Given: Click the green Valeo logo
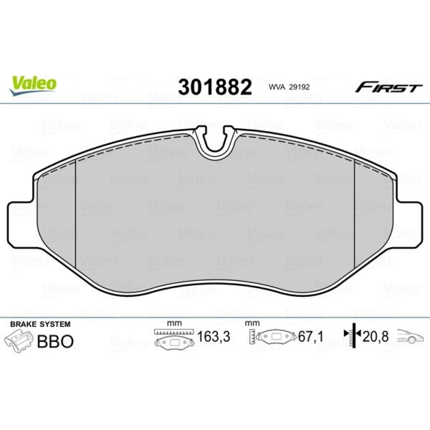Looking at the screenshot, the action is pyautogui.click(x=33, y=86).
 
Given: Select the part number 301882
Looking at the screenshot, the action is pyautogui.click(x=215, y=87).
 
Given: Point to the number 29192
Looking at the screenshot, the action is pyautogui.click(x=300, y=87).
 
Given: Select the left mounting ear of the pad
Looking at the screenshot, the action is pyautogui.click(x=22, y=224).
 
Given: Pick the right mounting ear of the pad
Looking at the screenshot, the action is pyautogui.click(x=408, y=224).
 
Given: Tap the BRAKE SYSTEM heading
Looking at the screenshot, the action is pyautogui.click(x=40, y=324).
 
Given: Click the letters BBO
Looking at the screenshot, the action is pyautogui.click(x=55, y=341).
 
